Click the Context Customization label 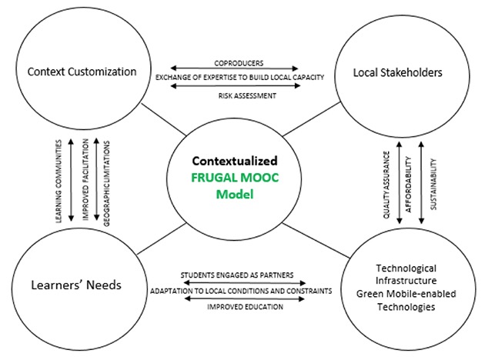pos(82,72)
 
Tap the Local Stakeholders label pos(398,72)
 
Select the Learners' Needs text pos(76,285)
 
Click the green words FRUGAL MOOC pos(235,178)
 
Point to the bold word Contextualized pos(235,161)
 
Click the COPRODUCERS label pos(239,63)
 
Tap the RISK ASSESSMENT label pos(247,96)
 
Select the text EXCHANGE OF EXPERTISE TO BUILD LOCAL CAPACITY pos(239,77)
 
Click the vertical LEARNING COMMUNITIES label pos(59,182)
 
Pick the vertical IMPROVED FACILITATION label pos(85,179)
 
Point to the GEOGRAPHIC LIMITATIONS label pos(106,184)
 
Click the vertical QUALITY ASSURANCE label pos(386,185)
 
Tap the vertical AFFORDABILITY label pos(408,185)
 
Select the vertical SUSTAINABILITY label pos(433,185)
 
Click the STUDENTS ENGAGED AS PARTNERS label pos(237,275)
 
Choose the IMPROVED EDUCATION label pos(245,307)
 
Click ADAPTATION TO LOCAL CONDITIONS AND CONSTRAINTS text pos(241,291)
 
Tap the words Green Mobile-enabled pos(406,294)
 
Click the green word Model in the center pos(235,195)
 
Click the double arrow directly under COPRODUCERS pos(234,68)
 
